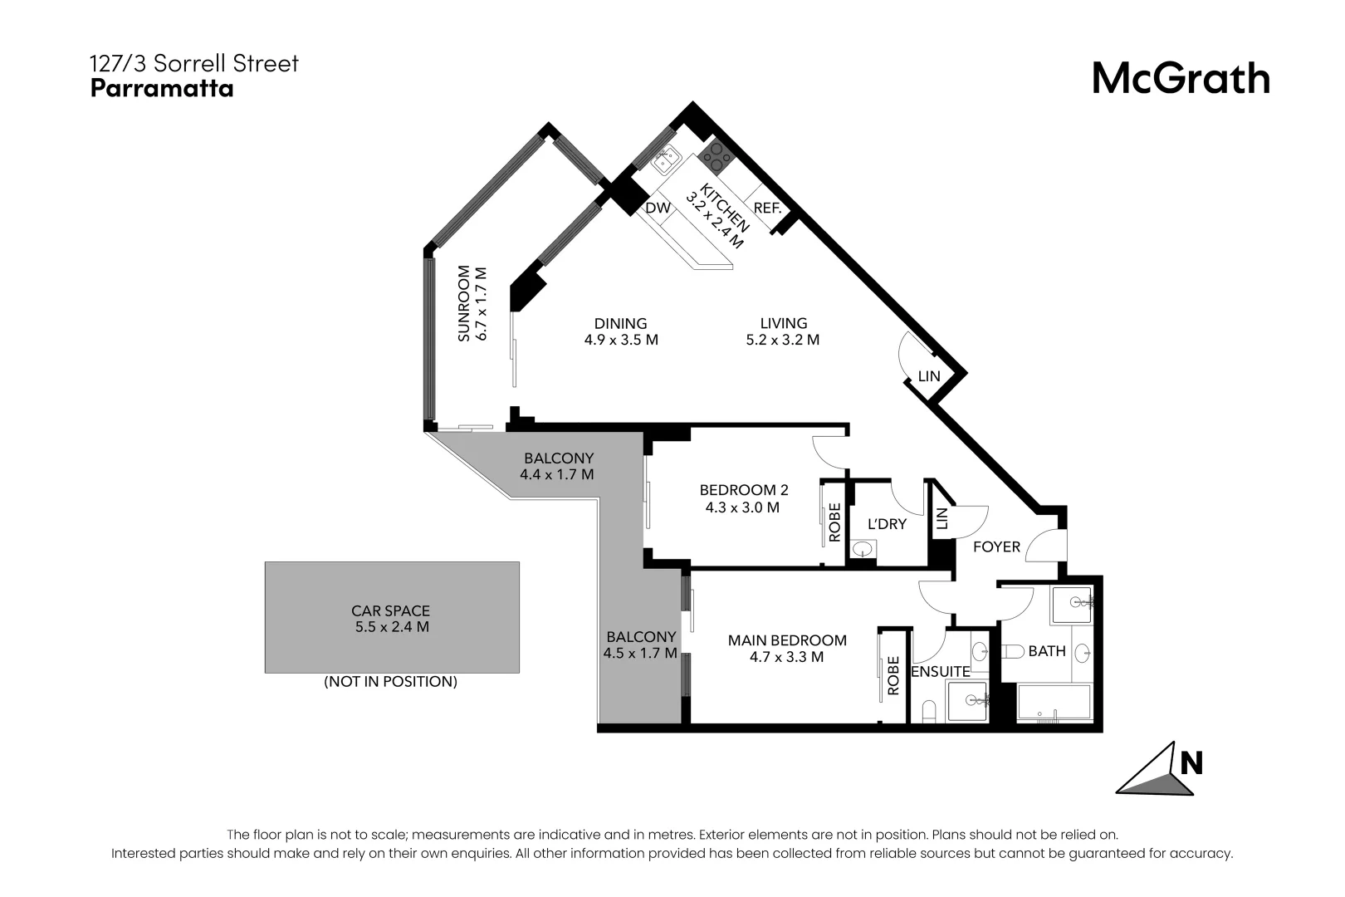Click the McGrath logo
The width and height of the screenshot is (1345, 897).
tap(1180, 78)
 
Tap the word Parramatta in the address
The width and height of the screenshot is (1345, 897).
tap(162, 88)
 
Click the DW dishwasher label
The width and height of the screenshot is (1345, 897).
tap(658, 208)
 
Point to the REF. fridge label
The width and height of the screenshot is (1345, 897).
tap(767, 208)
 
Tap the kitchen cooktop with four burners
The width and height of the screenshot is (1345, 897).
tap(716, 155)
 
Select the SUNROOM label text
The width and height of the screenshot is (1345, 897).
tap(464, 303)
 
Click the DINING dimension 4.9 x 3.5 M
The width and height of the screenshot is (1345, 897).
tap(620, 340)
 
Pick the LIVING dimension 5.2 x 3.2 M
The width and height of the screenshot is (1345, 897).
tap(783, 340)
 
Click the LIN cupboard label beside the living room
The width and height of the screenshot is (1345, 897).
tap(929, 376)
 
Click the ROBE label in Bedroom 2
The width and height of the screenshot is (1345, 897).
tap(834, 522)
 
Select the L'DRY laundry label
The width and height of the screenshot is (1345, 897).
tap(887, 525)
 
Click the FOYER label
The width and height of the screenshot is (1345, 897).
tap(995, 547)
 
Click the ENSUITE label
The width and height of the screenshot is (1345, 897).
tap(940, 672)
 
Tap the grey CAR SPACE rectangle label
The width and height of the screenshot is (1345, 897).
tap(390, 611)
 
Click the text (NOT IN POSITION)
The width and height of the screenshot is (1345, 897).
tap(390, 682)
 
